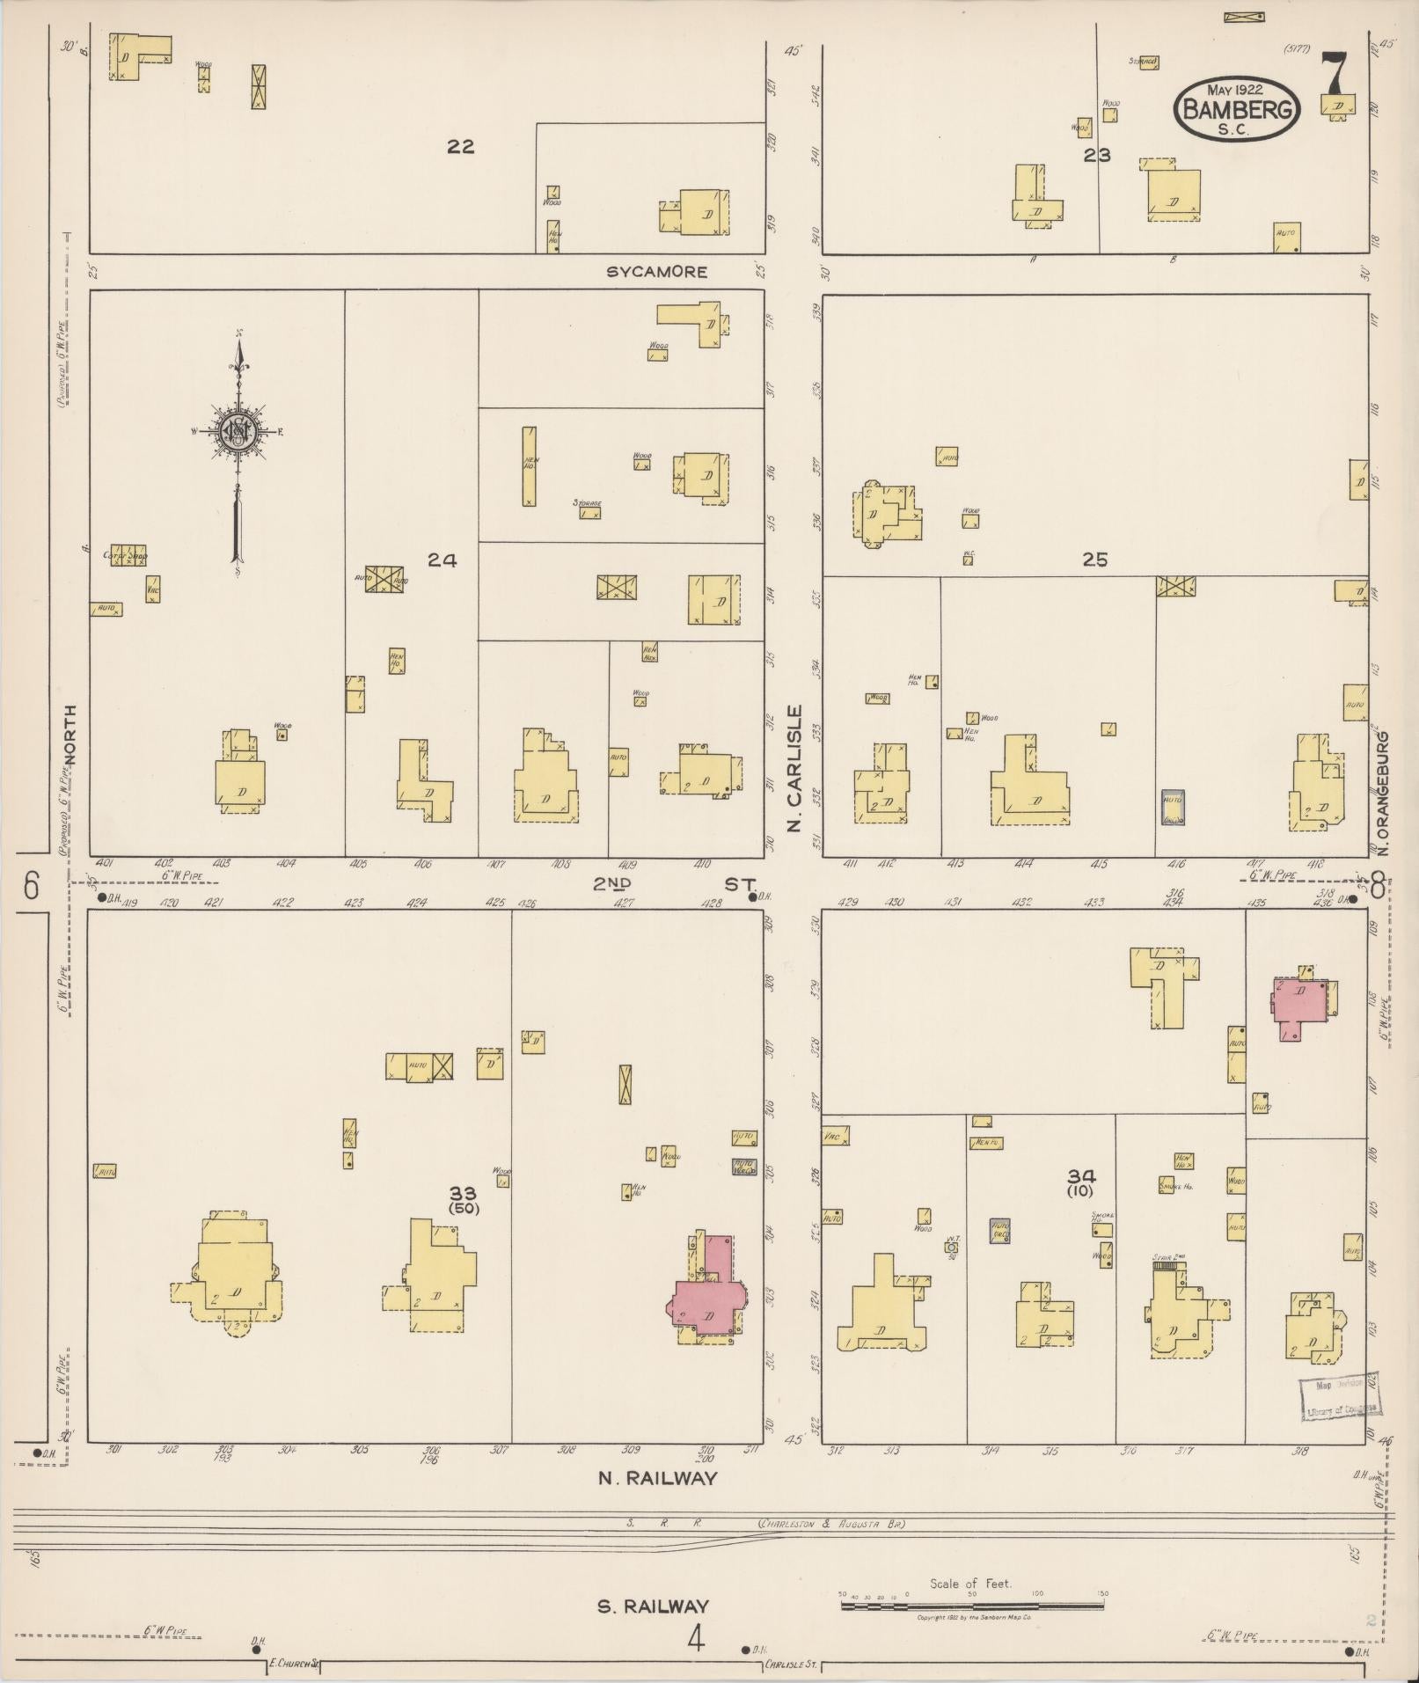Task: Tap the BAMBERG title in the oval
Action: coord(1239,110)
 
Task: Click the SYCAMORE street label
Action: coord(657,272)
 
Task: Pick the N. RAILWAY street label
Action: coord(657,1478)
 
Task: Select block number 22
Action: coord(460,147)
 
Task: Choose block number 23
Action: coord(1097,156)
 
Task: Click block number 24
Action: coord(442,560)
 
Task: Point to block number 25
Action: coord(1095,560)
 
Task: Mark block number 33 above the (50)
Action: coord(463,1193)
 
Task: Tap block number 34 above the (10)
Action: coord(1081,1176)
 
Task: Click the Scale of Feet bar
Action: coord(972,1606)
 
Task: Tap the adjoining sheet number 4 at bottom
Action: coord(697,1639)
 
